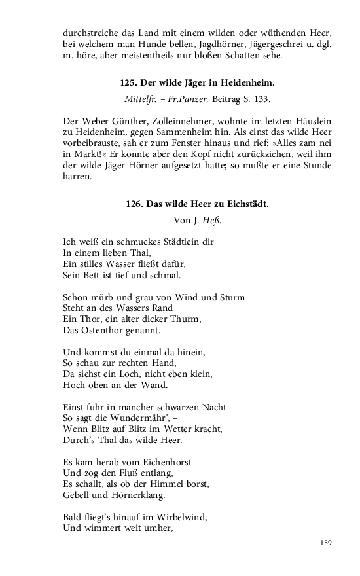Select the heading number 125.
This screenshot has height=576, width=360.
coord(128,83)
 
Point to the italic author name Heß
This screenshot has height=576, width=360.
coord(212,220)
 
